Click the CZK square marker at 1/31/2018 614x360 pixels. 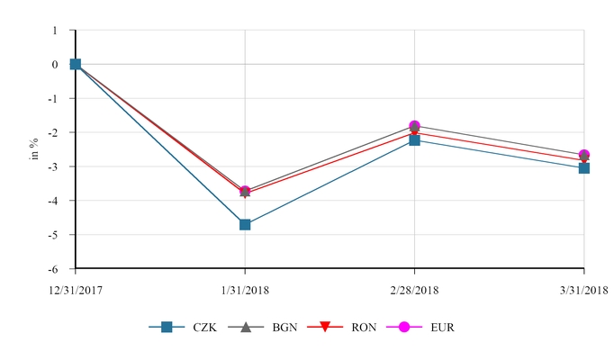pyautogui.click(x=245, y=224)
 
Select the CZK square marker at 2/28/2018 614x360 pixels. pyautogui.click(x=414, y=140)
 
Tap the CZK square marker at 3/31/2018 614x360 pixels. pyautogui.click(x=584, y=167)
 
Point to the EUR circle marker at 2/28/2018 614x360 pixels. pyautogui.click(x=414, y=126)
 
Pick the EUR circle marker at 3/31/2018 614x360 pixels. pyautogui.click(x=584, y=155)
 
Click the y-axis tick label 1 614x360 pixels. pyautogui.click(x=55, y=31)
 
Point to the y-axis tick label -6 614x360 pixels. pyautogui.click(x=53, y=269)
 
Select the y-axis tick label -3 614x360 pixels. pyautogui.click(x=53, y=166)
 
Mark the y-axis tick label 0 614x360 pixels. pyautogui.click(x=55, y=65)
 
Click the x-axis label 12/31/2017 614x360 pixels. pyautogui.click(x=75, y=290)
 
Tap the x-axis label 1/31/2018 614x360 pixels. pyautogui.click(x=245, y=290)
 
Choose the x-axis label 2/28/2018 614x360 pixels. pyautogui.click(x=414, y=290)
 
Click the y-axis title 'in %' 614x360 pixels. pyautogui.click(x=33, y=148)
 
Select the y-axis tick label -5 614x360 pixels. pyautogui.click(x=53, y=235)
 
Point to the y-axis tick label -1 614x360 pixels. pyautogui.click(x=53, y=99)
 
